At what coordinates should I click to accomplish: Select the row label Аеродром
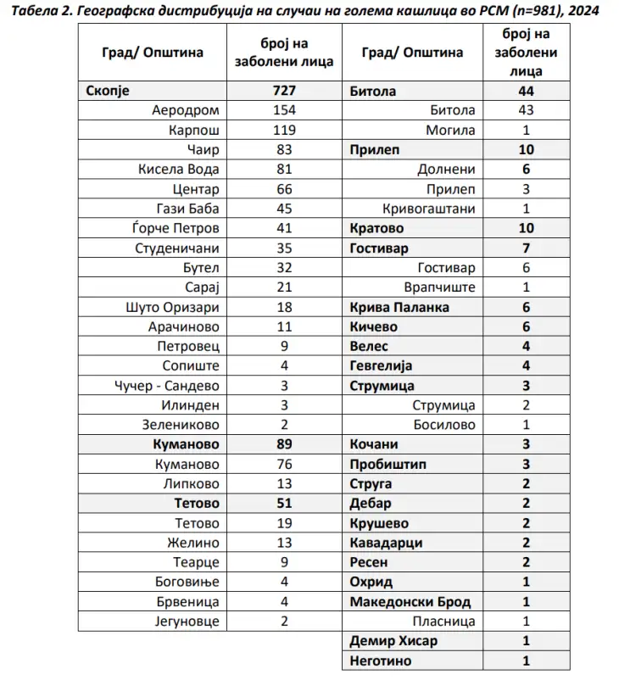[185, 110]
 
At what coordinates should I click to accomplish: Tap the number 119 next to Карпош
[284, 129]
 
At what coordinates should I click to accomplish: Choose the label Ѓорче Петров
[178, 228]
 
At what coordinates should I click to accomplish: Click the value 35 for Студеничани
[284, 248]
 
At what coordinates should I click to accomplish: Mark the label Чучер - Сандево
[167, 386]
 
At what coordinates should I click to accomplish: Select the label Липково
[190, 484]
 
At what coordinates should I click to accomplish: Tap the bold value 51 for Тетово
[284, 504]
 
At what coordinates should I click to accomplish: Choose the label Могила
[450, 130]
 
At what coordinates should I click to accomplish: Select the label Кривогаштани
[429, 209]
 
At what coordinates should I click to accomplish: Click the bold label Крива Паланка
[399, 307]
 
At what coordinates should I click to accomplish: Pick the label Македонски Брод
[410, 602]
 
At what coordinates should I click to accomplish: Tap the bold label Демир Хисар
[393, 641]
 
